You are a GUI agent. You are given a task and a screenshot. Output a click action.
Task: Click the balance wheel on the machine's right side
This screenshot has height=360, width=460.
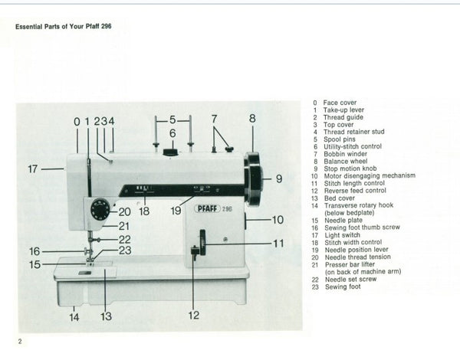[253, 178]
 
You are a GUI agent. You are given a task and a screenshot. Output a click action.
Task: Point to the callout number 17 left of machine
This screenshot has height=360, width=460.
[33, 169]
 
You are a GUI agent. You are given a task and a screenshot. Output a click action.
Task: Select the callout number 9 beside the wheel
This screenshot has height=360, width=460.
[278, 179]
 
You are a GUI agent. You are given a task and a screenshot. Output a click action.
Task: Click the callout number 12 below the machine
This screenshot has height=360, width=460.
[192, 315]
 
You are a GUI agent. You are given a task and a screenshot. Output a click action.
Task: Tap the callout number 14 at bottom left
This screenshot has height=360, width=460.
[75, 316]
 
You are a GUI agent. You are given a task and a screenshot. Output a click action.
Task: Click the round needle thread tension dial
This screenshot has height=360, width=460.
[100, 209]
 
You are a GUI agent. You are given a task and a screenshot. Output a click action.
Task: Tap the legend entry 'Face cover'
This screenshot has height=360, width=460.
[340, 103]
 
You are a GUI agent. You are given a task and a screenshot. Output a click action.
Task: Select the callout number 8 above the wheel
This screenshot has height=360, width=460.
[251, 118]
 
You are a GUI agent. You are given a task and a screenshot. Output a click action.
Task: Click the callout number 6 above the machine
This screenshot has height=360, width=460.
[172, 133]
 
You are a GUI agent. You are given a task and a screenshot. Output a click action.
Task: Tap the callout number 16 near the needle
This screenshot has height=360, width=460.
[34, 250]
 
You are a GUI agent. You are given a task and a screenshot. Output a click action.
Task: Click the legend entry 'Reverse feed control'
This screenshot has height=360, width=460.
[353, 190]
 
